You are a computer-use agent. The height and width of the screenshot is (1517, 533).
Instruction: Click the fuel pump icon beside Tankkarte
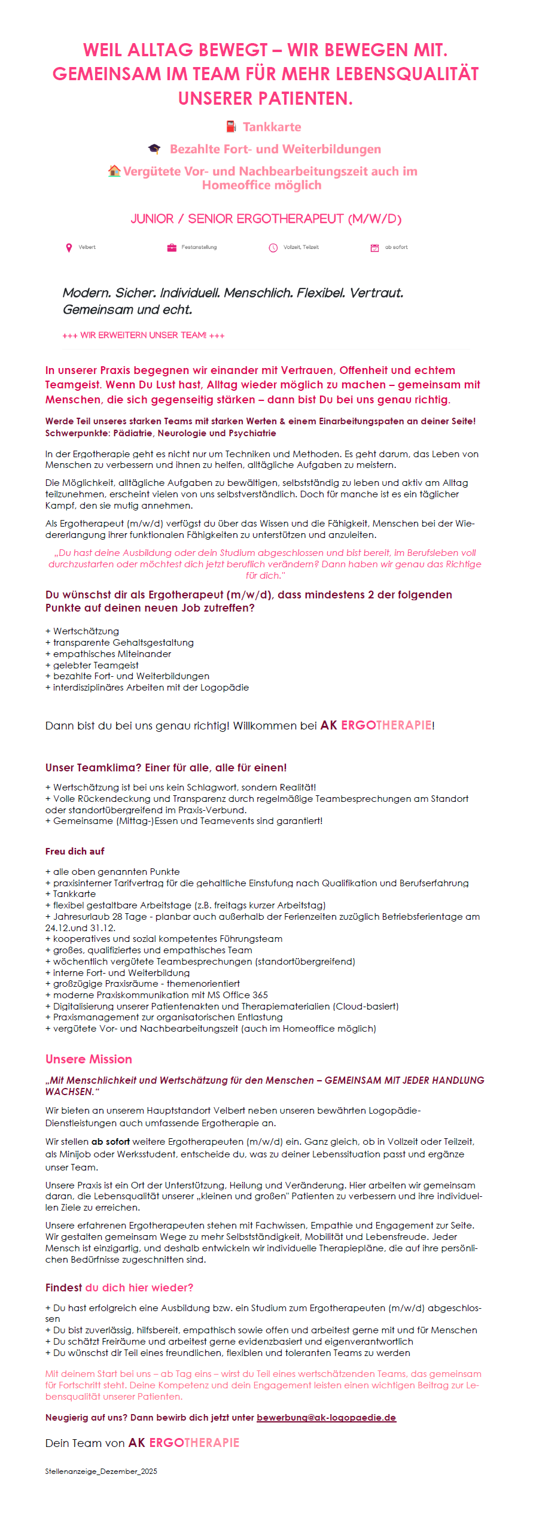pyautogui.click(x=231, y=126)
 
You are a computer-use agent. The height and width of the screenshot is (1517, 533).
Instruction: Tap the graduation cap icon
pyautogui.click(x=154, y=149)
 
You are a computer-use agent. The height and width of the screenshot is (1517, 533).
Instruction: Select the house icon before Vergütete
pyautogui.click(x=114, y=171)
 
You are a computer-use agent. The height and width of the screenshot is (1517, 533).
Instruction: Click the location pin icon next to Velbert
pyautogui.click(x=69, y=247)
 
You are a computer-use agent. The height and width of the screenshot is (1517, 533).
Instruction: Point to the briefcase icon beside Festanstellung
pyautogui.click(x=172, y=247)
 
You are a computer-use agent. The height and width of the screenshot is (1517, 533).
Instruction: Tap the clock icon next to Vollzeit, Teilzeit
pyautogui.click(x=273, y=247)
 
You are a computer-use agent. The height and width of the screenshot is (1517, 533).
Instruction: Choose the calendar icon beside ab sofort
pyautogui.click(x=374, y=247)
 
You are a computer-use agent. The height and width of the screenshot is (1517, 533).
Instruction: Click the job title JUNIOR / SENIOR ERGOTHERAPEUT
pyautogui.click(x=266, y=219)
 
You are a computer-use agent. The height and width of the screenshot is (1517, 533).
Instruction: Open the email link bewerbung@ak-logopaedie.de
pyautogui.click(x=326, y=1418)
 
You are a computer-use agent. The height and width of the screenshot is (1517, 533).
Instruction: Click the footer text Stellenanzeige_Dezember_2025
pyautogui.click(x=101, y=1471)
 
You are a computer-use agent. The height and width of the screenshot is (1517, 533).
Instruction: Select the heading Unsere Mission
pyautogui.click(x=89, y=1059)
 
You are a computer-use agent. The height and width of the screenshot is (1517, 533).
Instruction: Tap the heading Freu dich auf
pyautogui.click(x=75, y=851)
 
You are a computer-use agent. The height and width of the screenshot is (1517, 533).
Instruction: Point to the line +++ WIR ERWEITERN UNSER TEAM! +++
pyautogui.click(x=144, y=335)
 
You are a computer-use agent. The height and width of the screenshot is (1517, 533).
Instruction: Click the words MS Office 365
pyautogui.click(x=237, y=995)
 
